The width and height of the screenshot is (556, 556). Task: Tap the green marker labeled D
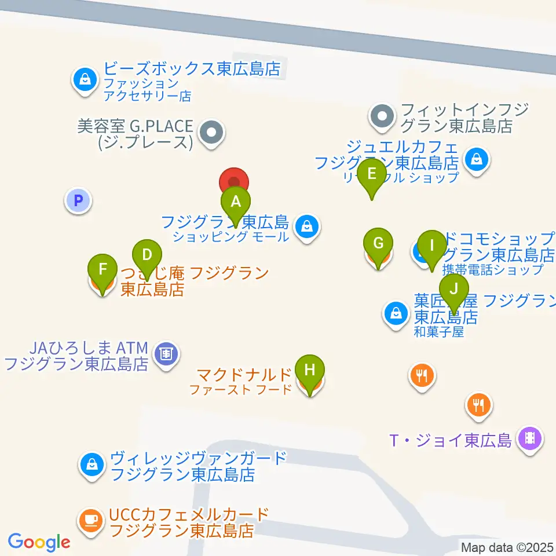pos(147,255)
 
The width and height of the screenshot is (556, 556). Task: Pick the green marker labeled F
pos(103,270)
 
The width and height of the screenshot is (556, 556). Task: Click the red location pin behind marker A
pos(234,181)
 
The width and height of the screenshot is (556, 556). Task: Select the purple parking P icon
pos(78,202)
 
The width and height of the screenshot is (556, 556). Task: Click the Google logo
pos(39,542)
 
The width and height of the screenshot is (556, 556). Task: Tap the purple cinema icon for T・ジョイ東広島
pos(529,438)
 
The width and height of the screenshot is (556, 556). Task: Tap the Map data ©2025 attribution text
pos(507,547)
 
